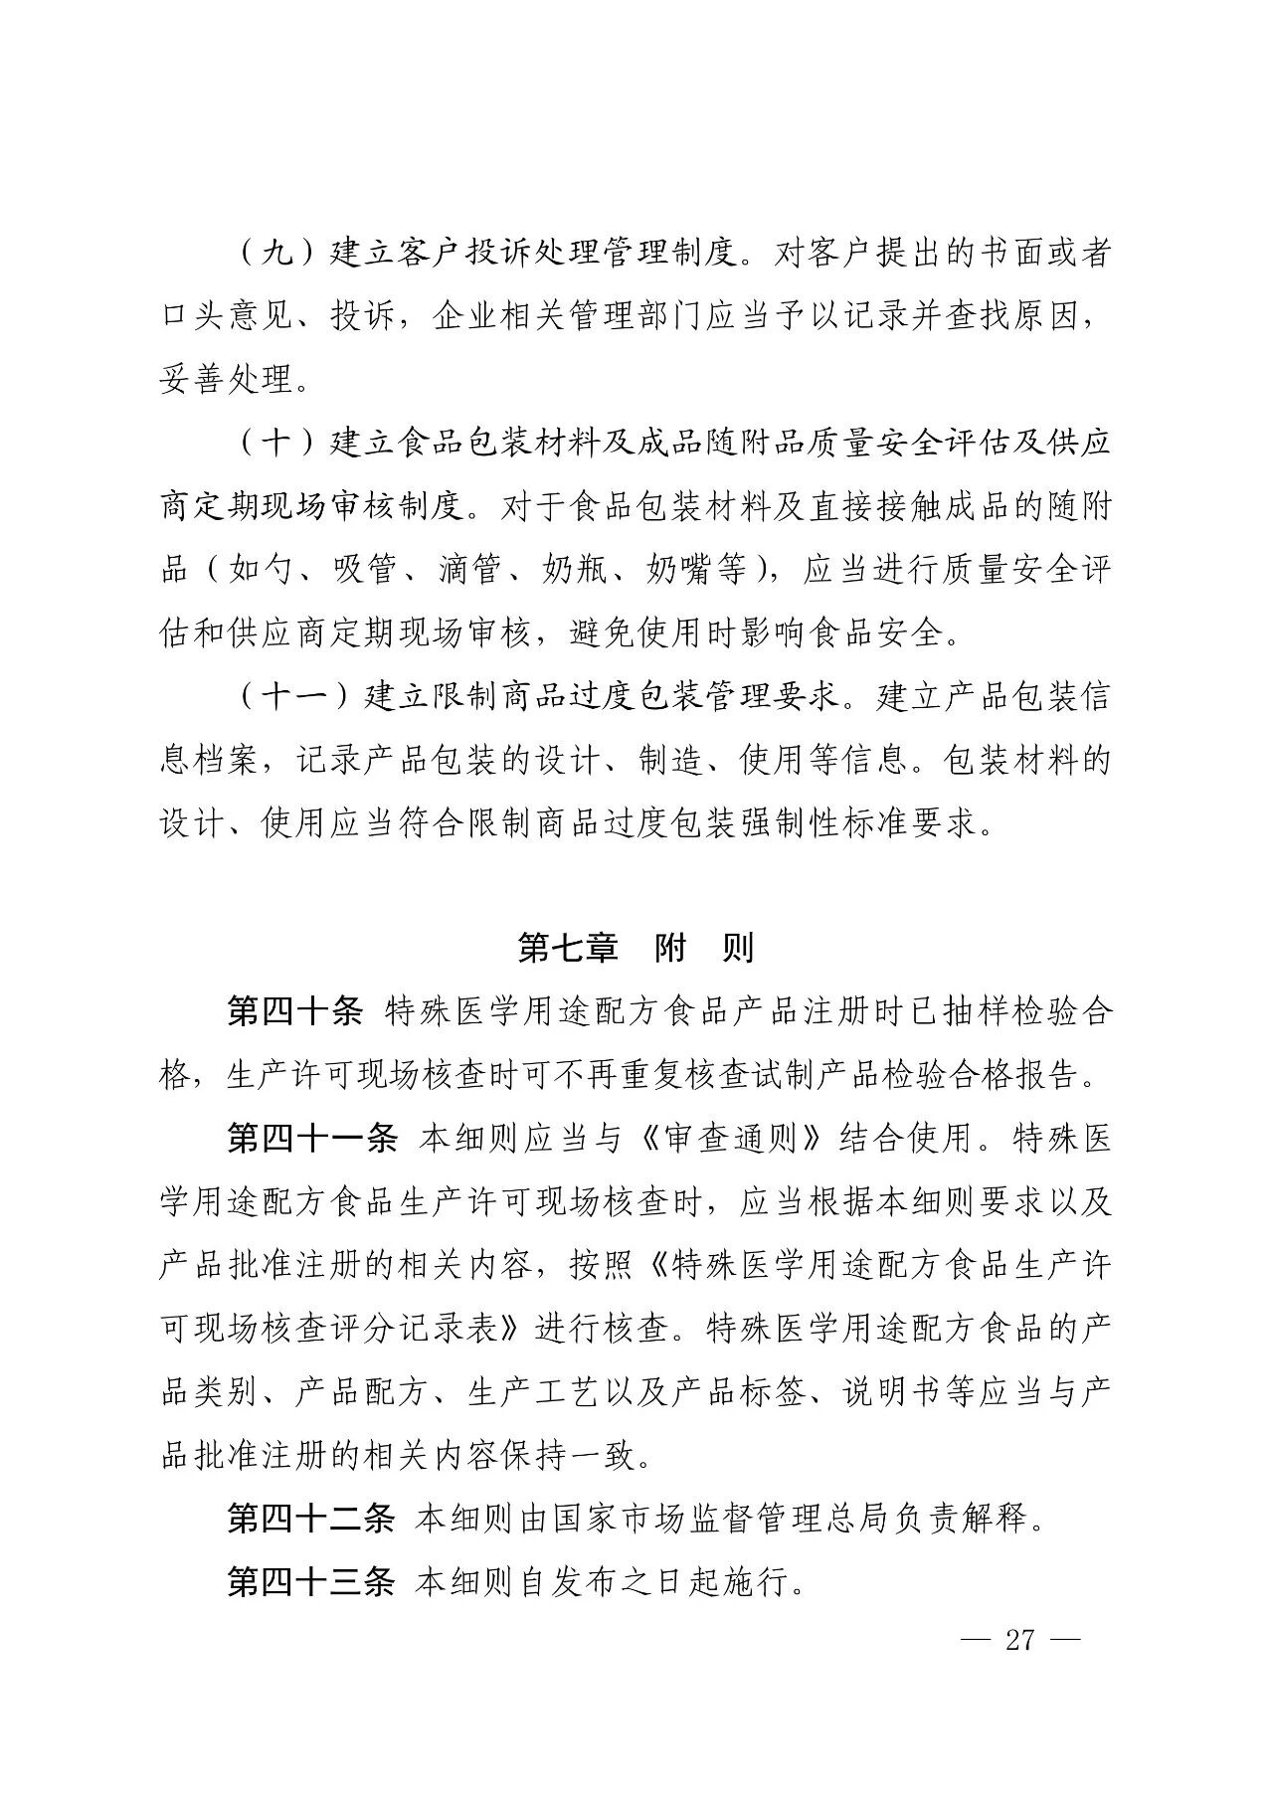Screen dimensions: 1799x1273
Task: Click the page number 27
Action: click(x=1020, y=1639)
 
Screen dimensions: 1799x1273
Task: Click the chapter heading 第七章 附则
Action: click(x=636, y=948)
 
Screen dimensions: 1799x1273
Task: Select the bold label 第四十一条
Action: click(x=312, y=1138)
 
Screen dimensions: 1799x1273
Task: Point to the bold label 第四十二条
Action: click(x=312, y=1520)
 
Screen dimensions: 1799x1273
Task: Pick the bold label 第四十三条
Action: click(x=312, y=1582)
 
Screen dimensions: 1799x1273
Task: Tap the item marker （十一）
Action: click(x=295, y=697)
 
